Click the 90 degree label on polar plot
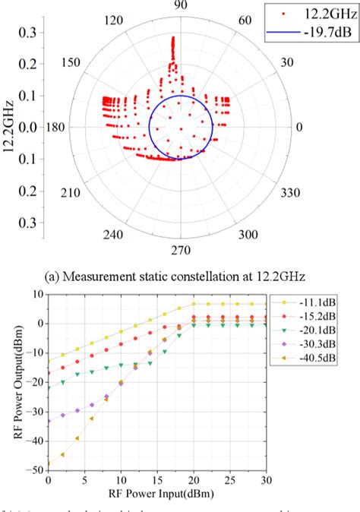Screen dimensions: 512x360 (x=181, y=6)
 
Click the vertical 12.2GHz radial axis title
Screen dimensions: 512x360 (x=10, y=128)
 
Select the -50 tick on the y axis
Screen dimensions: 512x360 (x=34, y=470)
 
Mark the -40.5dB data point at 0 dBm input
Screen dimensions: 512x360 (x=48, y=463)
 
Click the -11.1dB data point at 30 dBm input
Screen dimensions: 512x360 (x=265, y=305)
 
